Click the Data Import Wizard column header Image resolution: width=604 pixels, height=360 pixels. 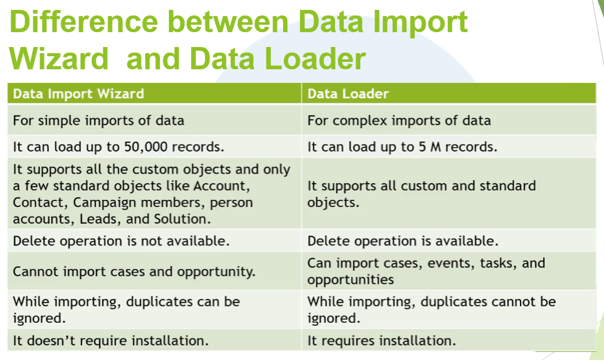coord(79,94)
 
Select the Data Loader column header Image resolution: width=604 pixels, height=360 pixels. coord(348,94)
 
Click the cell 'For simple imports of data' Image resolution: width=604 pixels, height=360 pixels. coord(98,120)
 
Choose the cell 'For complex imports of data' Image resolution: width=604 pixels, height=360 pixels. coord(399,120)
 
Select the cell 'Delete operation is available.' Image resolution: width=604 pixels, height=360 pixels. coord(402,241)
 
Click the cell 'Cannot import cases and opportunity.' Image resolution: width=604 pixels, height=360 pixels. coord(134,272)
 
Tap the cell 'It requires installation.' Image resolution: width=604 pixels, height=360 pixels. coord(381,340)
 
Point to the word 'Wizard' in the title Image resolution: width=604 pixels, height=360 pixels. coord(59,59)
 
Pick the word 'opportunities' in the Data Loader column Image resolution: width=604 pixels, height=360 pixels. coord(351,280)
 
